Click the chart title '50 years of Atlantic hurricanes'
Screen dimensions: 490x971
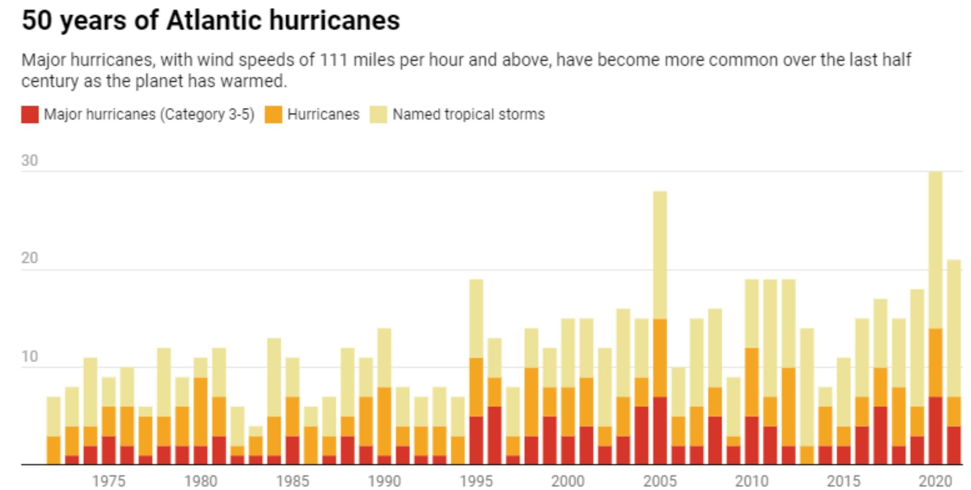(210, 21)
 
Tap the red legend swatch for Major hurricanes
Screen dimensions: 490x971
(30, 115)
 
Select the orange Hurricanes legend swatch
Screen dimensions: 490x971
(273, 115)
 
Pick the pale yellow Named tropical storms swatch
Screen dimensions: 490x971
(378, 115)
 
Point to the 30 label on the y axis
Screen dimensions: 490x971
(30, 160)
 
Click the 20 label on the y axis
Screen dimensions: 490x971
(30, 258)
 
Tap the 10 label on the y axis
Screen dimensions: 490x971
(30, 356)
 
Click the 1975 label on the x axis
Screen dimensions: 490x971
(109, 481)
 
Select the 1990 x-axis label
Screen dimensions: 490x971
(384, 481)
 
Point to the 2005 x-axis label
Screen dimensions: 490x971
(660, 481)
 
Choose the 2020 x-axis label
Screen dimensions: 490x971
(935, 481)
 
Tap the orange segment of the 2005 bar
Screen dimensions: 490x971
(660, 358)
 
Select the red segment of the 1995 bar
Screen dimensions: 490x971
(476, 441)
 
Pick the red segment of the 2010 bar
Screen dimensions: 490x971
(752, 441)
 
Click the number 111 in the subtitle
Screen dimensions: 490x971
(334, 60)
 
